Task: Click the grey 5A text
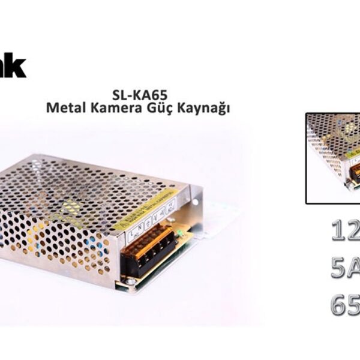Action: (x=345, y=268)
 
